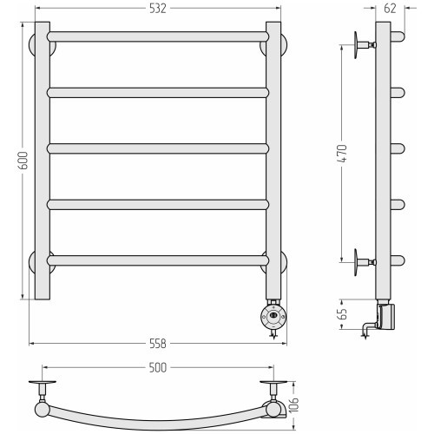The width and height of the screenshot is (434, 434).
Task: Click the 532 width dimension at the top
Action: tap(158, 9)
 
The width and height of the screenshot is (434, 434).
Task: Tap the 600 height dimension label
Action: tap(23, 161)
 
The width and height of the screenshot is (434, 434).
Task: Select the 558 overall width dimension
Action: tap(158, 344)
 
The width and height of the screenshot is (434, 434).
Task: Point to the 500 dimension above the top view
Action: tap(158, 368)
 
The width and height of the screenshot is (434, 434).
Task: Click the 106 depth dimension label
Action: tap(293, 404)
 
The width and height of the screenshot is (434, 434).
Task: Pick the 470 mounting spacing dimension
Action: tap(343, 153)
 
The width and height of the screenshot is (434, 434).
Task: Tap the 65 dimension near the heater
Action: tap(343, 314)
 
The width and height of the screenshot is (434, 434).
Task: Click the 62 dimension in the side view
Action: tap(390, 9)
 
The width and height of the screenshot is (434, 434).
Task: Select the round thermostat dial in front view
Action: tap(273, 316)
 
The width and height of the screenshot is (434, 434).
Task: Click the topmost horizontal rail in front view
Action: tap(158, 37)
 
